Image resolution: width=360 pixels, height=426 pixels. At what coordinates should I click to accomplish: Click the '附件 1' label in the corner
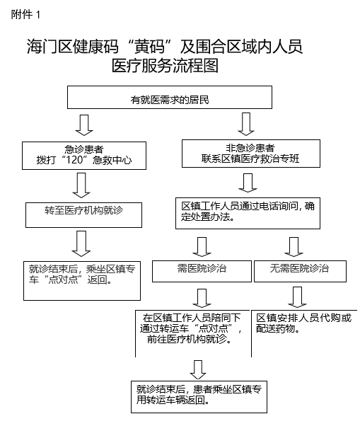pos(25,14)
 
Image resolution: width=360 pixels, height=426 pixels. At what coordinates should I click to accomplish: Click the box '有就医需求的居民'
pos(170,97)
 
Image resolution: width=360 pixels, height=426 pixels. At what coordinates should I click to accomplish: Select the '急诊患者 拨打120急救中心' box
pos(84,156)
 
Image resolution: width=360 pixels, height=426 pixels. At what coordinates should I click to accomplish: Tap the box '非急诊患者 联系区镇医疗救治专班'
pos(251,154)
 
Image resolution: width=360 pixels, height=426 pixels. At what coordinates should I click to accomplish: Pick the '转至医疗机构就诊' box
pos(83,215)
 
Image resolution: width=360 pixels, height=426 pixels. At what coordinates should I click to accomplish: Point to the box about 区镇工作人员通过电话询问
pos(248,213)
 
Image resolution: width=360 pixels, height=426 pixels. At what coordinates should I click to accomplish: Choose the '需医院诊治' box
pos(202,271)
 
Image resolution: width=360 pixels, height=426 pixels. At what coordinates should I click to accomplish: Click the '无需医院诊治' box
pos(300,271)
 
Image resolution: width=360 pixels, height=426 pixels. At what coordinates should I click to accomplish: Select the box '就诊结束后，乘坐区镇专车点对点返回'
pos(82,281)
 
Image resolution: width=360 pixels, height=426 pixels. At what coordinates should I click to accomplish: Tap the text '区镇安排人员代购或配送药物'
pos(304,323)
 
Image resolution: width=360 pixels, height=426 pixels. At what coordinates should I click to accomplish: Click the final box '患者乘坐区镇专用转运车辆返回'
pos(199,397)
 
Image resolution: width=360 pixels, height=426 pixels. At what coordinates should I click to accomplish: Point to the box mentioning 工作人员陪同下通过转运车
pos(193,333)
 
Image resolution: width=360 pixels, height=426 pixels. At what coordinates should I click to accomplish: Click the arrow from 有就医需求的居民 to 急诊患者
pos(84,125)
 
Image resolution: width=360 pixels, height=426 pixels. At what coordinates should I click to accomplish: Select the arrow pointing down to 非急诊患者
pos(246,124)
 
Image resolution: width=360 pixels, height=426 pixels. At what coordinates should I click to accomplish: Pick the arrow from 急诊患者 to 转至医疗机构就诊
pos(81,185)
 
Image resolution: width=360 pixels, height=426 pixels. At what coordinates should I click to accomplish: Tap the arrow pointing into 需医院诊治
pos(202,247)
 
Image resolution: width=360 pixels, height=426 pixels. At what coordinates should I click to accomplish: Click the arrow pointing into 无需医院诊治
pos(294,247)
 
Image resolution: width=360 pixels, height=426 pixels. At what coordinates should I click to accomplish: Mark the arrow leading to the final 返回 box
pos(198,370)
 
